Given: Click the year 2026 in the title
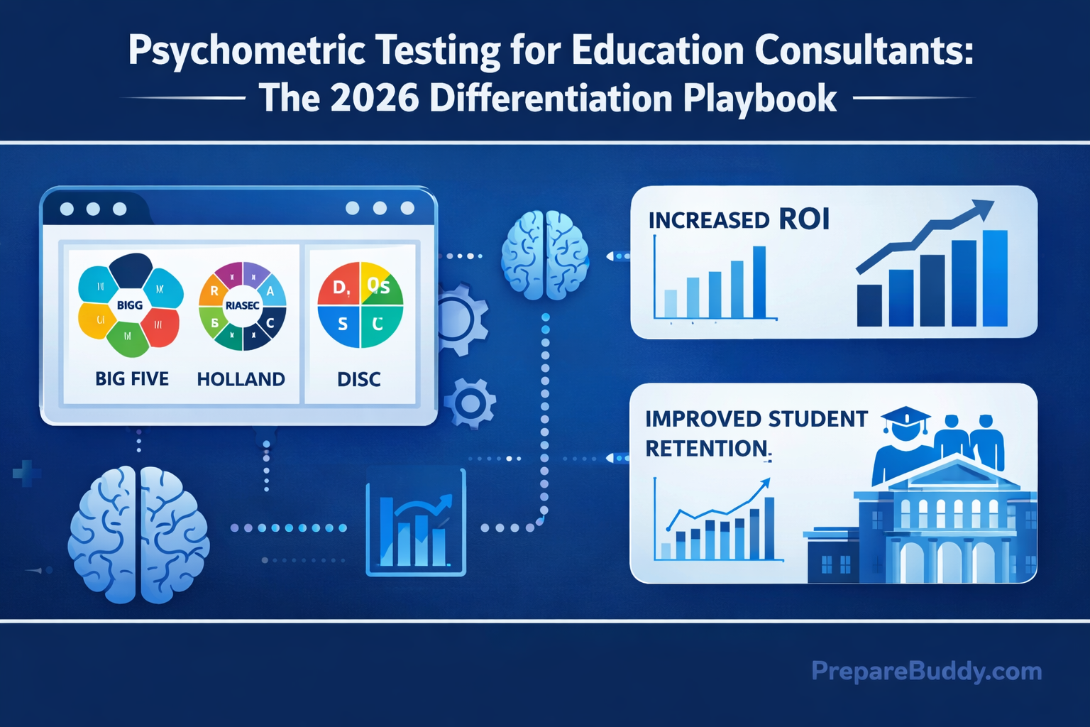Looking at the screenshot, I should [x=374, y=98].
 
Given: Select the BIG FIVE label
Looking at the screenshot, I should [x=132, y=379].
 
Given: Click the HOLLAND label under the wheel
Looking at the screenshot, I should [x=241, y=379].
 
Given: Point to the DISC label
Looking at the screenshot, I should [x=359, y=379].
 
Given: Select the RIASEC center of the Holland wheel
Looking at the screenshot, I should [x=242, y=305].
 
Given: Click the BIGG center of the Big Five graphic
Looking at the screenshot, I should [x=130, y=305].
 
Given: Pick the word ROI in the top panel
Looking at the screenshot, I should [x=804, y=219].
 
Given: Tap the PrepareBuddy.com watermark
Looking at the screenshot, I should [x=926, y=671].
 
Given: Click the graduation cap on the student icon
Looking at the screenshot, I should [x=905, y=418].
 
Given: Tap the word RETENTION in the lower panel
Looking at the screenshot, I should [x=707, y=449].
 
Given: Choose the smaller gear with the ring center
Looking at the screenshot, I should [x=470, y=403].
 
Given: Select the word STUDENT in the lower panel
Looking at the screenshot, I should [x=817, y=419].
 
